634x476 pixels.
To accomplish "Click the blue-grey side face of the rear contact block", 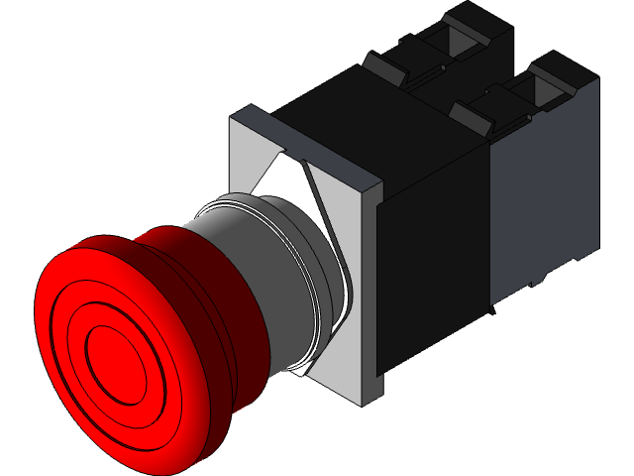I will pyautogui.click(x=545, y=198).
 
